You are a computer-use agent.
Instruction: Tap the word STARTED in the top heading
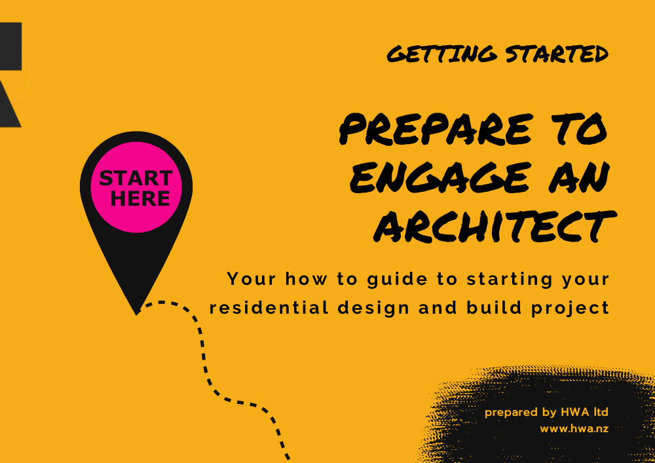(x=557, y=54)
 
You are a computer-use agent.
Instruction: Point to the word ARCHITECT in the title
(x=495, y=226)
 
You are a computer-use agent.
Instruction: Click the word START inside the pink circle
(x=136, y=178)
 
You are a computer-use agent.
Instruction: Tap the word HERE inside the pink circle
(x=140, y=198)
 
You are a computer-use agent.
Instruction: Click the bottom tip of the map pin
(x=137, y=314)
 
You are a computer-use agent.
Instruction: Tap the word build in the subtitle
(x=494, y=308)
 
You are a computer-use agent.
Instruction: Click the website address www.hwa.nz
(x=574, y=429)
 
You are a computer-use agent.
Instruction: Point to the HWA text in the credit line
(x=575, y=412)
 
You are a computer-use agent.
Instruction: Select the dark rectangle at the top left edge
(x=10, y=46)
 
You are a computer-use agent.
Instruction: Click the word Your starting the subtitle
(x=251, y=279)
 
